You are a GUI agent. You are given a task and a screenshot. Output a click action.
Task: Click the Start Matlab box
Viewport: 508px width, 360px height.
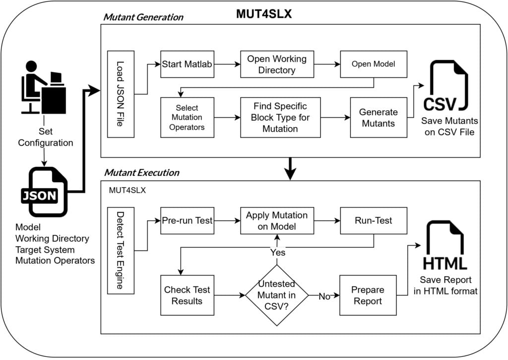(187, 64)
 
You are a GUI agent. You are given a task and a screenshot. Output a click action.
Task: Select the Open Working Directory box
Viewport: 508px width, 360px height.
(277, 64)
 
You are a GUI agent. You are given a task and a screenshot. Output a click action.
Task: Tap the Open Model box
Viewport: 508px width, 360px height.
(374, 64)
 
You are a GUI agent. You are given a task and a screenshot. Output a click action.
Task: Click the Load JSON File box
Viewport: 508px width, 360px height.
(121, 94)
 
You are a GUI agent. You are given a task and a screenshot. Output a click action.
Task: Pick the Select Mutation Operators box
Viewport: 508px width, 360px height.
(187, 117)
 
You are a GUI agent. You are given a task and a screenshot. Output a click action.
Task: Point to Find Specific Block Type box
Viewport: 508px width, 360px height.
(281, 117)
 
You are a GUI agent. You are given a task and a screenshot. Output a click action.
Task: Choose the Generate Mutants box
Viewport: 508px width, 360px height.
(379, 117)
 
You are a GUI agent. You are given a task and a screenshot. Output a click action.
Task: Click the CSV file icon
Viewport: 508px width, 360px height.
(446, 86)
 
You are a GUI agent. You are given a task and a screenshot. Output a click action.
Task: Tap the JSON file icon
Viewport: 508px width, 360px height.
(44, 192)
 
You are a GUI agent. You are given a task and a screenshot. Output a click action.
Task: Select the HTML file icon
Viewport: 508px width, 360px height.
(445, 245)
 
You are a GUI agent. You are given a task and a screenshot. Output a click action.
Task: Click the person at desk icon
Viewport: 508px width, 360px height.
(44, 87)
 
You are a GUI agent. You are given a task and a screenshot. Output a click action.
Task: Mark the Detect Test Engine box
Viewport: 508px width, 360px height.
(121, 251)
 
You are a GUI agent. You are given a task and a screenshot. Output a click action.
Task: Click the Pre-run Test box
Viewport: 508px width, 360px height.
(187, 220)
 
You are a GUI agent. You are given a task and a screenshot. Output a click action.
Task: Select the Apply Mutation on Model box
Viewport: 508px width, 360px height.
(277, 220)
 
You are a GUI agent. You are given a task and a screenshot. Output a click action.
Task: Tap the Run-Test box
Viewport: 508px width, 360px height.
(374, 220)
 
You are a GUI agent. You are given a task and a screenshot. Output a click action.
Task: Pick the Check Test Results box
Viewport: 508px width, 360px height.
(187, 295)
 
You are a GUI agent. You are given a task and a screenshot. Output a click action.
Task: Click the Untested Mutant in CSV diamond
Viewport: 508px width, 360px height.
(277, 295)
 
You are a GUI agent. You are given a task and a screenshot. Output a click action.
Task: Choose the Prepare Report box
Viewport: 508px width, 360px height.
(368, 295)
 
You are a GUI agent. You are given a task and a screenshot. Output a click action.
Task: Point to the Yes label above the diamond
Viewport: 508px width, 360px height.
(278, 252)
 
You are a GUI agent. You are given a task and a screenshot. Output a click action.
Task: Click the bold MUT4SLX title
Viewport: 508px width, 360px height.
(264, 14)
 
